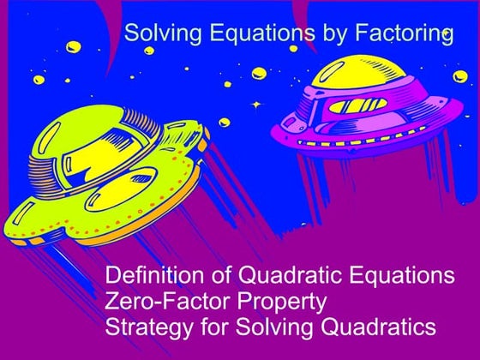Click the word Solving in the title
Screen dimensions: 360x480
tap(156, 34)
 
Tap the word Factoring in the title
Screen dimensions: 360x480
tap(404, 34)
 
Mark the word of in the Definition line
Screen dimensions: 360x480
tap(209, 277)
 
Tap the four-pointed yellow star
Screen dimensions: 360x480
tap(255, 104)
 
